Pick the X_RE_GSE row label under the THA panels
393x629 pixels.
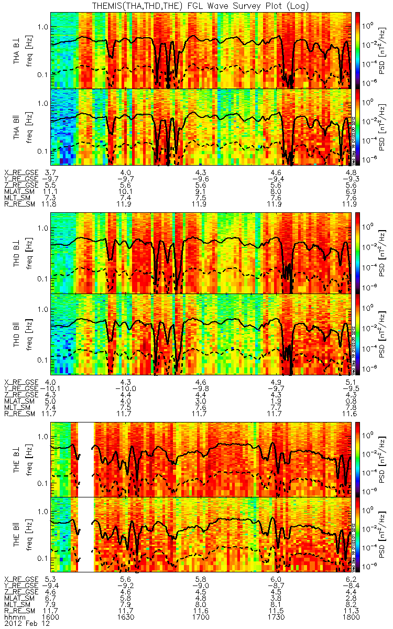click(x=21, y=172)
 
